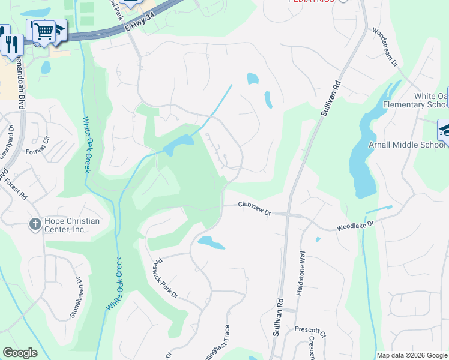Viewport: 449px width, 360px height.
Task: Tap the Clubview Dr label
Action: (255, 205)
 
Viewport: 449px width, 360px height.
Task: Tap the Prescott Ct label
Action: (310, 329)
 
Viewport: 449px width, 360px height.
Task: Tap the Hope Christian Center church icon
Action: (35, 225)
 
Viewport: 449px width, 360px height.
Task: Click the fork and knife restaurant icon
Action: (11, 43)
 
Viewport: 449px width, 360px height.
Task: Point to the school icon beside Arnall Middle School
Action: (445, 129)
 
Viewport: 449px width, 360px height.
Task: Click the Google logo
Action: (20, 353)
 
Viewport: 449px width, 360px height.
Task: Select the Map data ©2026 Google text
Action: (412, 355)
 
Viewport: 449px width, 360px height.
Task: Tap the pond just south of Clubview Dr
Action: (211, 242)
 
